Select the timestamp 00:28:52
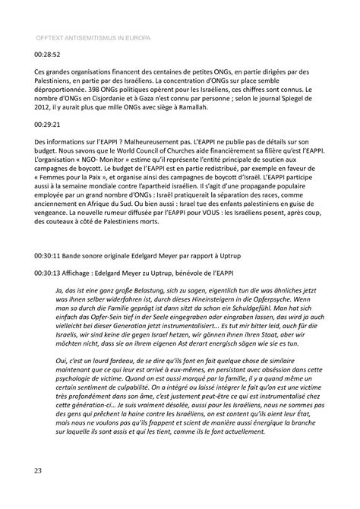pos(48,55)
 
